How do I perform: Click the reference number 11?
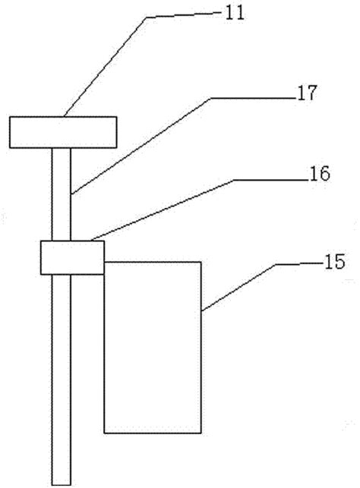pyautogui.click(x=235, y=14)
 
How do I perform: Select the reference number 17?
pyautogui.click(x=308, y=93)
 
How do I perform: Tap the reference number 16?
pyautogui.click(x=320, y=174)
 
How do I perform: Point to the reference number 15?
pyautogui.click(x=335, y=262)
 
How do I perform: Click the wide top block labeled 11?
pyautogui.click(x=63, y=132)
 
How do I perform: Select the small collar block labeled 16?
pyautogui.click(x=72, y=258)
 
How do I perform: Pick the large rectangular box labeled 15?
pyautogui.click(x=153, y=348)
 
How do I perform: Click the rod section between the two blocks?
pyautogui.click(x=62, y=194)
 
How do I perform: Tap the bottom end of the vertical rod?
pyautogui.click(x=62, y=484)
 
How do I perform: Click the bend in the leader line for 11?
pyautogui.click(x=147, y=17)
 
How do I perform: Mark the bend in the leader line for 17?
pyautogui.click(x=211, y=99)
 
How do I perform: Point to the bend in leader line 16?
pyautogui.click(x=234, y=180)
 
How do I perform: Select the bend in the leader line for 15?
pyautogui.click(x=276, y=265)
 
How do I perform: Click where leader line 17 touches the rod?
pyautogui.click(x=71, y=194)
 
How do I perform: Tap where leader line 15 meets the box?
pyautogui.click(x=201, y=310)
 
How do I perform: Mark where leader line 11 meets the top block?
pyautogui.click(x=64, y=117)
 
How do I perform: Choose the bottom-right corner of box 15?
pyautogui.click(x=201, y=433)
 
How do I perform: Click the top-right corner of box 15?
pyautogui.click(x=201, y=262)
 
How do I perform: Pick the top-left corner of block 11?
pyautogui.click(x=10, y=117)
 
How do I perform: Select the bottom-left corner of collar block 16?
pyautogui.click(x=41, y=275)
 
